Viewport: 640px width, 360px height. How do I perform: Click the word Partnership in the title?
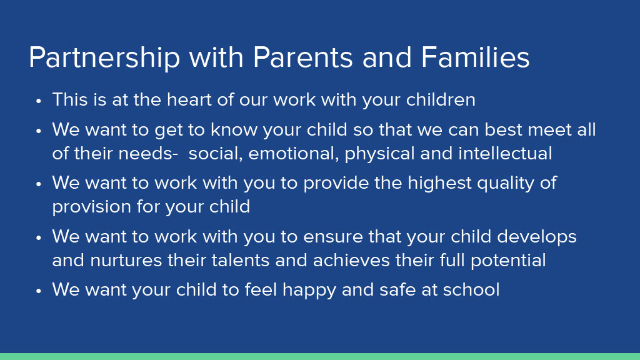pyautogui.click(x=104, y=58)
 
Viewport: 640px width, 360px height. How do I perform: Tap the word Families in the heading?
pyautogui.click(x=475, y=57)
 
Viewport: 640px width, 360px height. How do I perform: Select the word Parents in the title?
pyautogui.click(x=303, y=57)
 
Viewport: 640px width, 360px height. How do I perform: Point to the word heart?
pyautogui.click(x=189, y=99)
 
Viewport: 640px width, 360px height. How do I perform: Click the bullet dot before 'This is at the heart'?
pyautogui.click(x=39, y=101)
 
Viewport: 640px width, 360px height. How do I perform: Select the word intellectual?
pyautogui.click(x=505, y=154)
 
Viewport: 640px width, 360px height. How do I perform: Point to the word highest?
pyautogui.click(x=439, y=184)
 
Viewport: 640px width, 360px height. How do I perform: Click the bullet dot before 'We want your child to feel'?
pyautogui.click(x=39, y=291)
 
